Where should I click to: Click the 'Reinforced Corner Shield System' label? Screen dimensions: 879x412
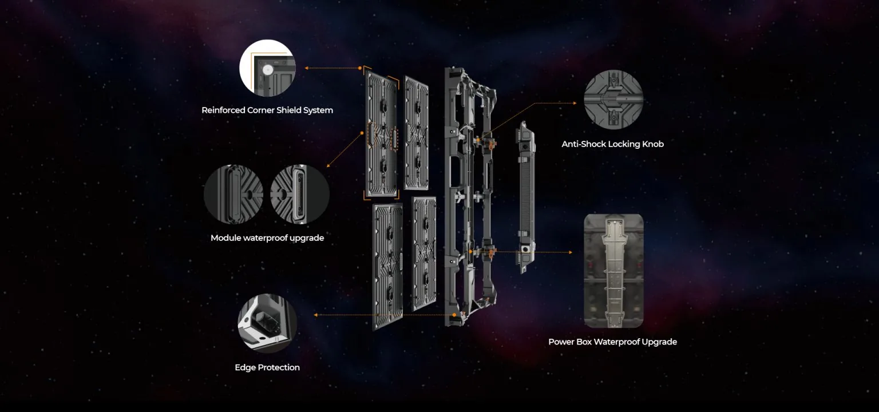pyautogui.click(x=267, y=110)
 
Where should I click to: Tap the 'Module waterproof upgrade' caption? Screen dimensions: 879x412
pyautogui.click(x=267, y=238)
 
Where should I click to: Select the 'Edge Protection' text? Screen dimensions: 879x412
pyautogui.click(x=267, y=367)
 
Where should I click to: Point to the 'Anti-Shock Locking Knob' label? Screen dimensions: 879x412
pyautogui.click(x=612, y=144)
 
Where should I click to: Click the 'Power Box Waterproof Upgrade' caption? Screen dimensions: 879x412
pyautogui.click(x=612, y=342)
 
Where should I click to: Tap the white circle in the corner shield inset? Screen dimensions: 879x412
pyautogui.click(x=268, y=70)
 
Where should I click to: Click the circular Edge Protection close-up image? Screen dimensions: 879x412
pyautogui.click(x=267, y=323)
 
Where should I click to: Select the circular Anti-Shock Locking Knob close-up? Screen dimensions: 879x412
pyautogui.click(x=613, y=100)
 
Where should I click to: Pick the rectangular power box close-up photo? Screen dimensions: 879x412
pyautogui.click(x=613, y=271)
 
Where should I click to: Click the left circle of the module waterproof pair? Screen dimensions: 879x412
pyautogui.click(x=233, y=194)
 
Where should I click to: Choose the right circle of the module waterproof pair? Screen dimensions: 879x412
pyautogui.click(x=300, y=194)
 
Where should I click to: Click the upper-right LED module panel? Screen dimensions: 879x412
pyautogui.click(x=417, y=133)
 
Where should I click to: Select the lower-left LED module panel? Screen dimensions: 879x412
pyautogui.click(x=387, y=267)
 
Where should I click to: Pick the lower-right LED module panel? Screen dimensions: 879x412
pyautogui.click(x=424, y=254)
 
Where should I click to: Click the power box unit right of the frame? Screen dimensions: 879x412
pyautogui.click(x=525, y=197)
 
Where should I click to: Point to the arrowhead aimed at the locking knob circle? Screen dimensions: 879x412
pyautogui.click(x=575, y=103)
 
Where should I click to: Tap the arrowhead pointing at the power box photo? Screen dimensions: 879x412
pyautogui.click(x=570, y=252)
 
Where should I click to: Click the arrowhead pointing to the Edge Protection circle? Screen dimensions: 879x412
pyautogui.click(x=315, y=315)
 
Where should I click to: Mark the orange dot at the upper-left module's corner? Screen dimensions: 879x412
pyautogui.click(x=360, y=68)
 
